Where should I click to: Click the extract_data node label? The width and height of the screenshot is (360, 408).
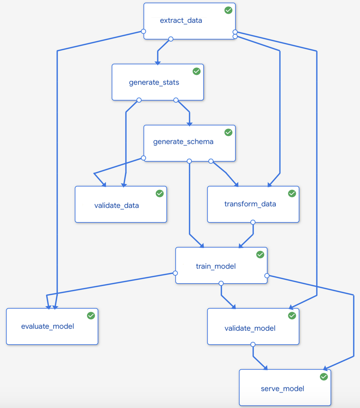point(181,21)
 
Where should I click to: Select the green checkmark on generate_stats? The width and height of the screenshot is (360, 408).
point(196,71)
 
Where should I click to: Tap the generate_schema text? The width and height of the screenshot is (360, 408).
point(183,142)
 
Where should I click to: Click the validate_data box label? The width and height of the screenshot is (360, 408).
point(117,206)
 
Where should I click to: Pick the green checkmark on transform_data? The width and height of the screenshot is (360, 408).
point(292,194)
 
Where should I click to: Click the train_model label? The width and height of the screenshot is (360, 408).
point(215,266)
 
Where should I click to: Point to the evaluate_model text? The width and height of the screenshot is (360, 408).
point(48,326)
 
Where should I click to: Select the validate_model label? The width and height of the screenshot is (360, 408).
point(250,328)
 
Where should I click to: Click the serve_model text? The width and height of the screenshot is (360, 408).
point(282,389)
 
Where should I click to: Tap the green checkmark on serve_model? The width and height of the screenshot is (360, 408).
point(324,377)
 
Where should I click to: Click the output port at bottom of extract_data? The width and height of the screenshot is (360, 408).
point(171,39)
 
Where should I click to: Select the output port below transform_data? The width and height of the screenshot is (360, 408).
point(253,222)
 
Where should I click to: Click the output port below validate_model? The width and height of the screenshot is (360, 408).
point(253,344)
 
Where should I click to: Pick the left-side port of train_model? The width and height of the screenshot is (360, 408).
point(175,273)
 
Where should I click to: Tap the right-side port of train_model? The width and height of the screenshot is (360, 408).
point(267,276)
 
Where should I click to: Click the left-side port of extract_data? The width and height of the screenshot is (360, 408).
point(144,31)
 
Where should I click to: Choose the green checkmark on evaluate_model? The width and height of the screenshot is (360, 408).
point(91,316)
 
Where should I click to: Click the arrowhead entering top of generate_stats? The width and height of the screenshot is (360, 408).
point(157,63)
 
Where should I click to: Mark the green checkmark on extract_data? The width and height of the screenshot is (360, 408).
point(228,10)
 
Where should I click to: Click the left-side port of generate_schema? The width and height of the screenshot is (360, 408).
point(144,158)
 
